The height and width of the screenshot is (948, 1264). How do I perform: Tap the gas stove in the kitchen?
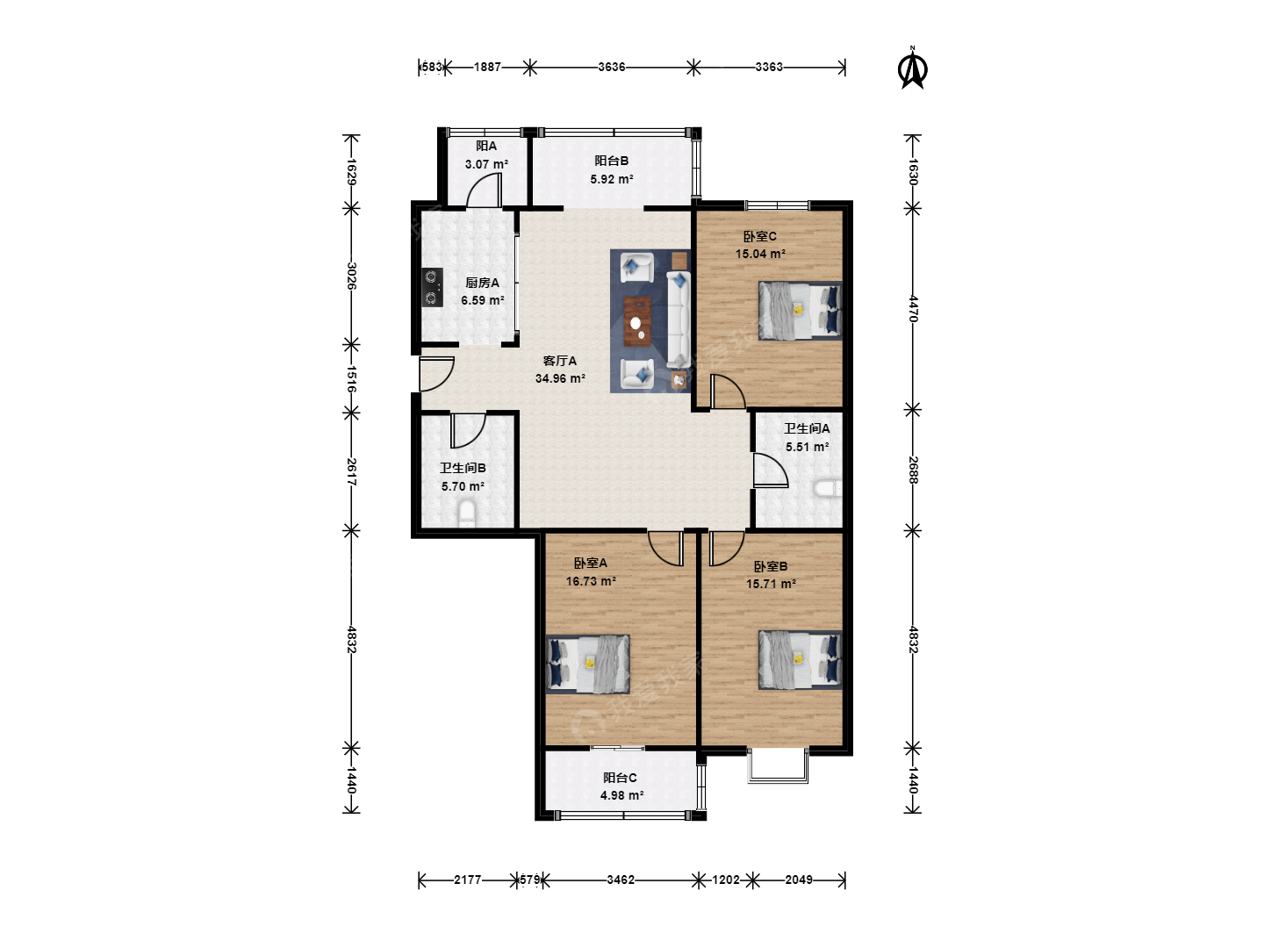point(432,287)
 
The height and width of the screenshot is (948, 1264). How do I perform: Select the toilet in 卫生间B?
point(466,513)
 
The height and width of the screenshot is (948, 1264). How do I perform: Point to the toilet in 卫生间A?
point(828,488)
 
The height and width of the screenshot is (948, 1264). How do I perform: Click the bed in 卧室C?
point(800,311)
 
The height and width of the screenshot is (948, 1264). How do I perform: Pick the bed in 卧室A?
point(588,664)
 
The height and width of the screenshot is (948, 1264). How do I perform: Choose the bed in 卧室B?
point(800,659)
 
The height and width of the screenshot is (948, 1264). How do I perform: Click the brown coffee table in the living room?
point(637,321)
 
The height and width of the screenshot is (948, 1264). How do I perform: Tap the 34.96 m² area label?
point(560,378)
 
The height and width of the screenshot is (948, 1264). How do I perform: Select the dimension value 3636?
point(612,67)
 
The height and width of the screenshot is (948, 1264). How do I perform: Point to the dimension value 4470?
point(913,308)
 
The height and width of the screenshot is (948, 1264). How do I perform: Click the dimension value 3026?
point(352,276)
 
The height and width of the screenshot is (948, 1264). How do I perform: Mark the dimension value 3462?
point(621,880)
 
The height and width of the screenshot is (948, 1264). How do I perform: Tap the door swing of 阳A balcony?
point(485,190)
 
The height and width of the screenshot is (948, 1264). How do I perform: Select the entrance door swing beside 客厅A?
point(437,374)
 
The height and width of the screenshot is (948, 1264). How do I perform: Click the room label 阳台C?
point(621,778)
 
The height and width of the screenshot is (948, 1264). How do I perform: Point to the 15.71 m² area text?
point(771,584)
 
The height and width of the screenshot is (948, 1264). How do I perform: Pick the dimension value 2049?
point(799,880)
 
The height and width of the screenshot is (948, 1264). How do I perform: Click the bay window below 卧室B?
point(778,766)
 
